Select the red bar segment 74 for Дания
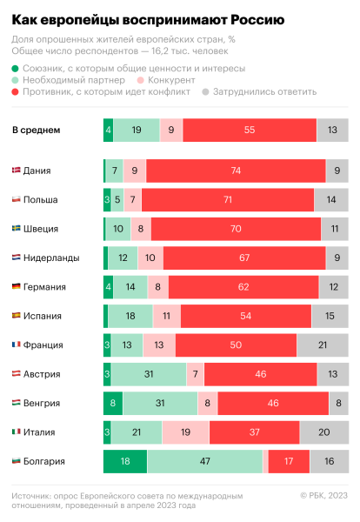pos(236,171)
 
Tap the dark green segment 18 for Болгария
pos(124,461)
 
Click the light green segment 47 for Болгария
pos(204,461)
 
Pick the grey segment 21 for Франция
pos(323,345)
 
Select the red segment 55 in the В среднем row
pos(250,130)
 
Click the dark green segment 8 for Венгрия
pos(113,403)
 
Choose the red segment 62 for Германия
pos(245,287)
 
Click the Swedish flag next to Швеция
pos(17,229)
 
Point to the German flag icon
pos(17,287)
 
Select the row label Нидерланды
pos(51,258)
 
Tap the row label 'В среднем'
pos(36,130)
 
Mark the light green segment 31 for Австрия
pos(149,374)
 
